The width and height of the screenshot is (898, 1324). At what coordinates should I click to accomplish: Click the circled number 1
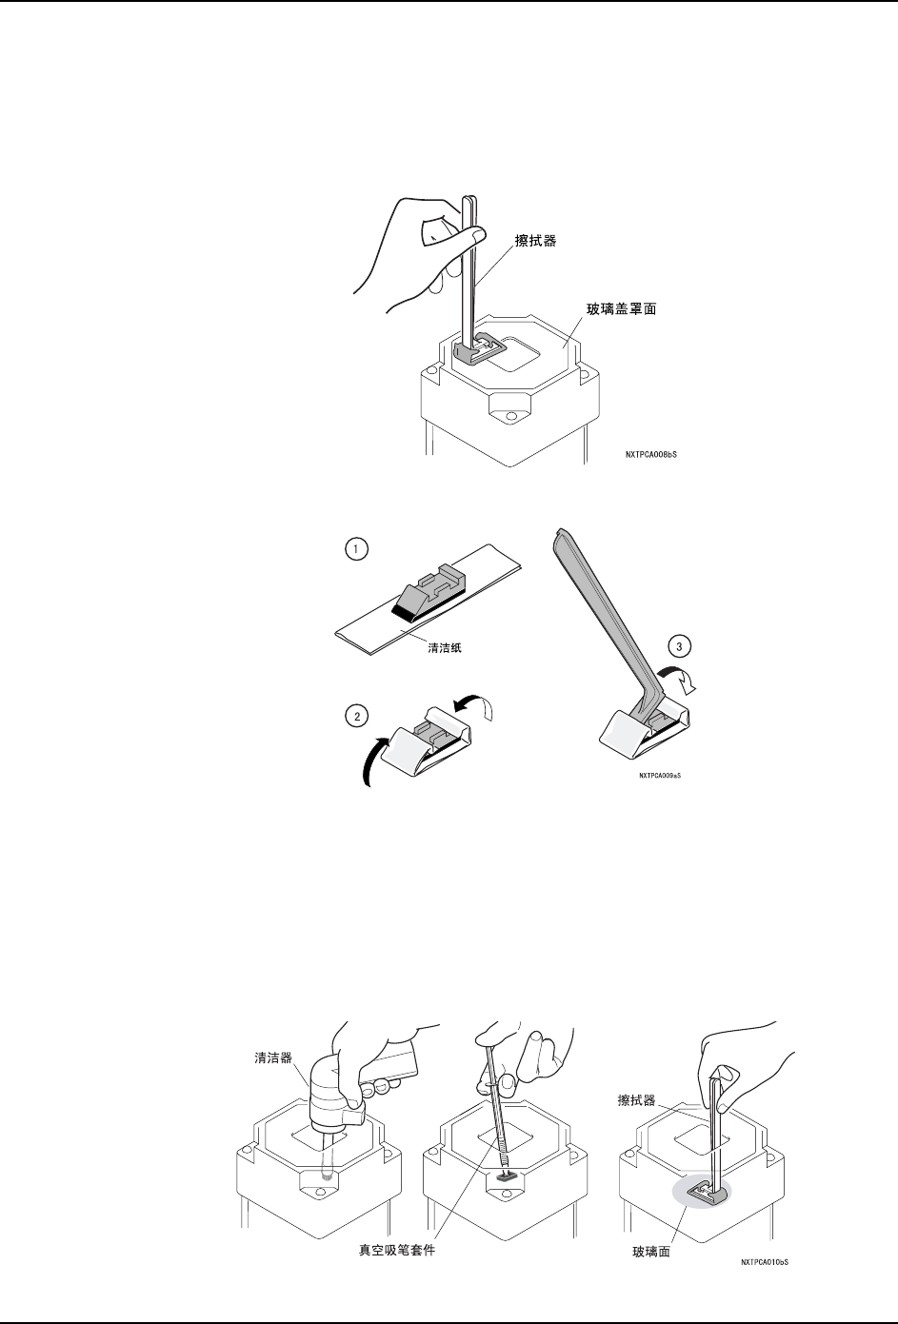click(354, 550)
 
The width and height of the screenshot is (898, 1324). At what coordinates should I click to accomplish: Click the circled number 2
click(355, 718)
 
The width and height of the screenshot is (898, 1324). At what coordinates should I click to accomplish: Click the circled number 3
click(678, 647)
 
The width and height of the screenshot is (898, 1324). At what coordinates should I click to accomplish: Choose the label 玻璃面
click(651, 1252)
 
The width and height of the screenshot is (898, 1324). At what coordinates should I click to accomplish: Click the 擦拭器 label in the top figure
click(536, 241)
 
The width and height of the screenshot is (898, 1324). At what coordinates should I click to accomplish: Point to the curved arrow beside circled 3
click(682, 679)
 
